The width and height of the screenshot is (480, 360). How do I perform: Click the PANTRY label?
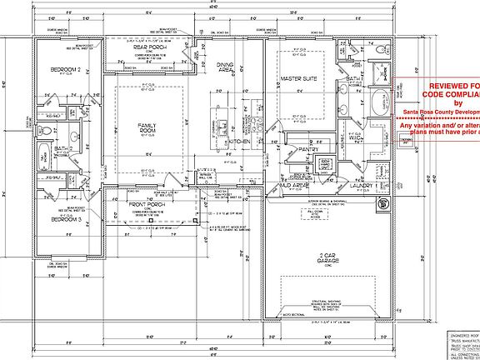(x=297, y=150)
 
